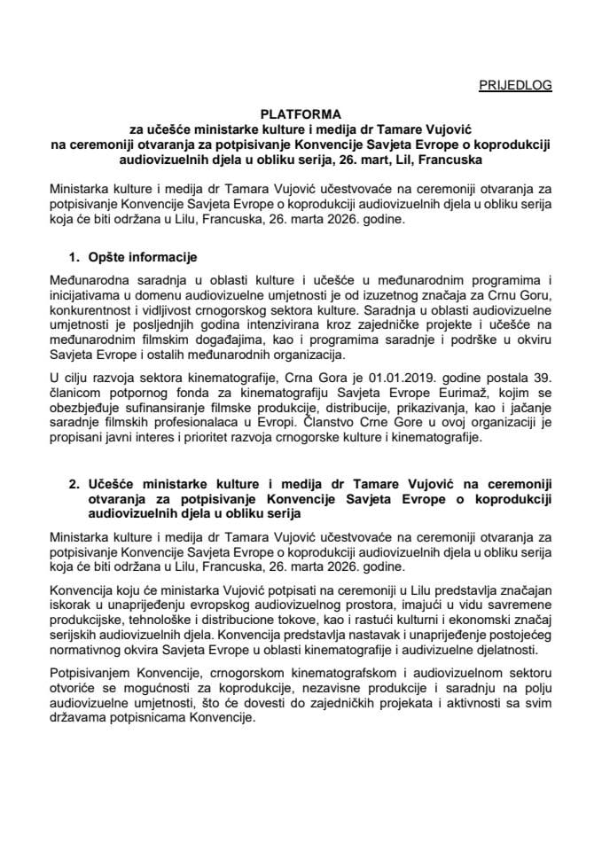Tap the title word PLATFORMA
[301, 114]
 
